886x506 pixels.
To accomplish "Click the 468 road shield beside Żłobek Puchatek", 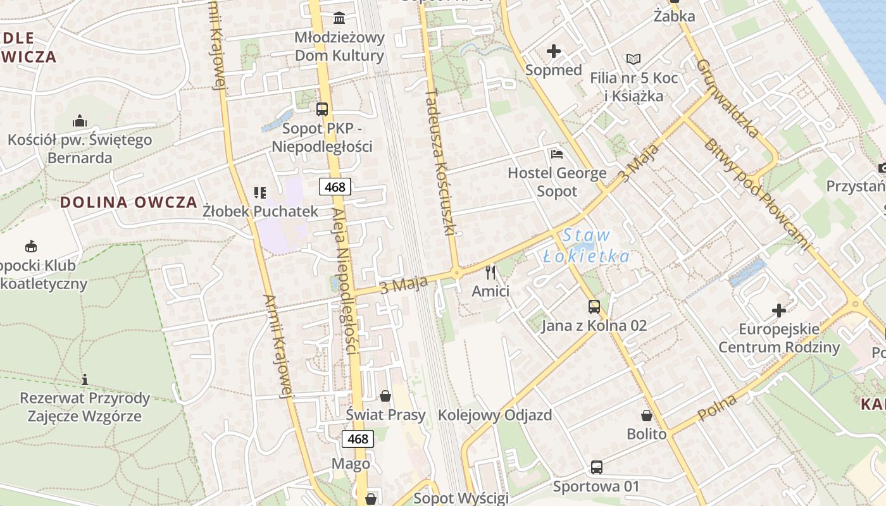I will (x=335, y=187).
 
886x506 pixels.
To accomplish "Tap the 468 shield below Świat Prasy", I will (x=358, y=438).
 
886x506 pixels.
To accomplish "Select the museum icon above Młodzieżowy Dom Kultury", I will (x=339, y=17).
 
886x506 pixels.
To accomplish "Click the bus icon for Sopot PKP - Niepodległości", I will (x=322, y=109).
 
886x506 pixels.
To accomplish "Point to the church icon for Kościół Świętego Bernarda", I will (x=80, y=120).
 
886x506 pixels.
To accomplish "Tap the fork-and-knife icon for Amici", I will (x=490, y=273).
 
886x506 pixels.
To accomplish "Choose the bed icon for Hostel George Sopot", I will (x=557, y=154).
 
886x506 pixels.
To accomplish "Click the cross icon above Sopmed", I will (x=554, y=51).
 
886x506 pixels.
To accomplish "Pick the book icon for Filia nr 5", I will (x=633, y=59).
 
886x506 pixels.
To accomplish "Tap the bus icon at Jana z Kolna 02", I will (x=594, y=307).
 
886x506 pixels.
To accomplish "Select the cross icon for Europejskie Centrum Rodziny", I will (x=779, y=311).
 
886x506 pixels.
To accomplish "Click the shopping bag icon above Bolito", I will (x=647, y=416).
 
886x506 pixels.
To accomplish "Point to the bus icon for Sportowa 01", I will (x=596, y=467).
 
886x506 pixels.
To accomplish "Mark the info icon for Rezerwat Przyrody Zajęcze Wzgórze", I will (x=85, y=379).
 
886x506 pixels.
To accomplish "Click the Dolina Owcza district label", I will (x=128, y=202).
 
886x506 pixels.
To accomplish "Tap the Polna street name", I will (x=718, y=407).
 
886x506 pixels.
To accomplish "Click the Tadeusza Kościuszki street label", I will (x=440, y=162).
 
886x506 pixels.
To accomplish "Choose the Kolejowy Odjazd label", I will (x=495, y=415).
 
